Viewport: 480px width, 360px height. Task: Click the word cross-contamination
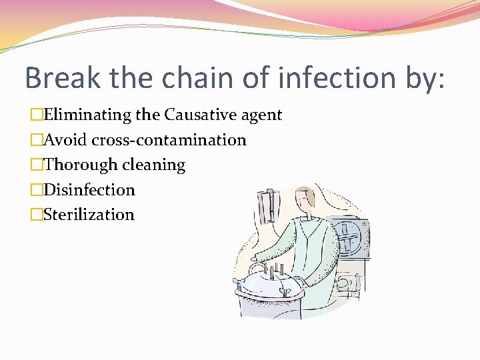click(169, 140)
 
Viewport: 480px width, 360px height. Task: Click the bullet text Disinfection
click(89, 190)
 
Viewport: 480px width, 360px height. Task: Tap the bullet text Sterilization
click(89, 215)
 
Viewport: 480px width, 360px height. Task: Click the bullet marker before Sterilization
click(37, 215)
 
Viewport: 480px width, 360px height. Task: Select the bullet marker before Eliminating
click(37, 115)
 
